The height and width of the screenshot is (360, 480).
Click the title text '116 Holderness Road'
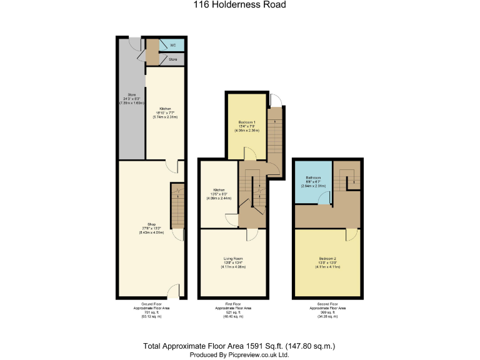(239, 5)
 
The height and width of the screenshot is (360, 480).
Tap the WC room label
(172, 46)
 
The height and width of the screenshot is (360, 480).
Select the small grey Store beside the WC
(172, 59)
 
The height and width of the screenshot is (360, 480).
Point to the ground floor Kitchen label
(165, 108)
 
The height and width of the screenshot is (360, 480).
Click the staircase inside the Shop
(177, 206)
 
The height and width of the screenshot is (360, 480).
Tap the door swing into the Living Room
(252, 234)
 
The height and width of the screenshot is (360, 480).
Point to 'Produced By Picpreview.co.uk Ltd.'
(239, 354)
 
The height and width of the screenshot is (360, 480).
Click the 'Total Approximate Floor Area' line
(239, 345)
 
